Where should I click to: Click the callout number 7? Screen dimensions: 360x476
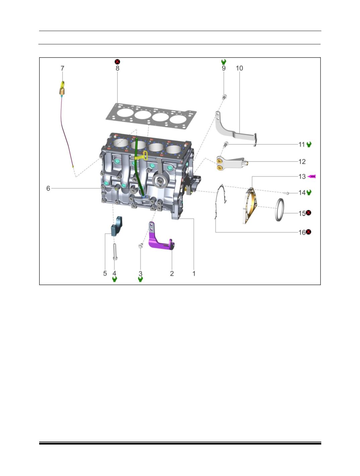coord(63,68)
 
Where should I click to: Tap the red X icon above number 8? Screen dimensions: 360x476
coord(117,62)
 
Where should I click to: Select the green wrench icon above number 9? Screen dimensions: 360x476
coord(224,62)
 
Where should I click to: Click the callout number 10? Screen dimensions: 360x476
coord(239,68)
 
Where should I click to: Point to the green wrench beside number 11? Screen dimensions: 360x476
coord(309,144)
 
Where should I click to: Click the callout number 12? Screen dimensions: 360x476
coord(302,162)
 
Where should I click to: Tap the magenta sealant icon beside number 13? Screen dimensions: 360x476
coord(312,176)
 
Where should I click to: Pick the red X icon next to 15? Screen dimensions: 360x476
coord(308,213)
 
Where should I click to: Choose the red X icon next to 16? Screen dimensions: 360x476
coord(308,232)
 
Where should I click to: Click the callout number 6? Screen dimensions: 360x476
coord(48,188)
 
